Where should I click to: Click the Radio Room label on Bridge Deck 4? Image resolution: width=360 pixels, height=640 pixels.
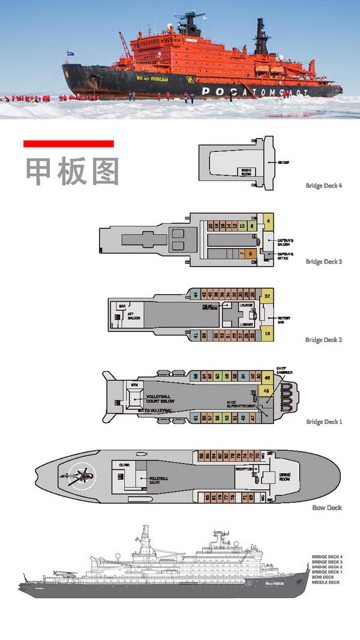pyautogui.click(x=246, y=171)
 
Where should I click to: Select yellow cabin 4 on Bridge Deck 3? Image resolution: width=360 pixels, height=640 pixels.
pyautogui.click(x=268, y=221)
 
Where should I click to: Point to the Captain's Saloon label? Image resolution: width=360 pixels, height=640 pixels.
pyautogui.click(x=285, y=243)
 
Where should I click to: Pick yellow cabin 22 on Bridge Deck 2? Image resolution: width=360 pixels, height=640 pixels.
pyautogui.click(x=267, y=295)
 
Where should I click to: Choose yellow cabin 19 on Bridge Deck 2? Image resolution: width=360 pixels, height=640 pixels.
pyautogui.click(x=267, y=333)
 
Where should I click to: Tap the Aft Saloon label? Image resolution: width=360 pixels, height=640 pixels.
pyautogui.click(x=133, y=318)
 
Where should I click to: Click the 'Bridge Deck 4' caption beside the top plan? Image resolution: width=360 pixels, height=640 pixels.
pyautogui.click(x=323, y=186)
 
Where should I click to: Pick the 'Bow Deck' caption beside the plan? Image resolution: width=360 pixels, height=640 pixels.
pyautogui.click(x=327, y=507)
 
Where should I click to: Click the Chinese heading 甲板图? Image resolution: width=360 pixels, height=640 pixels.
pyautogui.click(x=72, y=172)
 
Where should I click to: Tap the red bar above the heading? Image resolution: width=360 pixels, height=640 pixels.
pyautogui.click(x=68, y=143)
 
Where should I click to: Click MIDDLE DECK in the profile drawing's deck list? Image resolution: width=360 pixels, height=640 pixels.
pyautogui.click(x=326, y=582)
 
